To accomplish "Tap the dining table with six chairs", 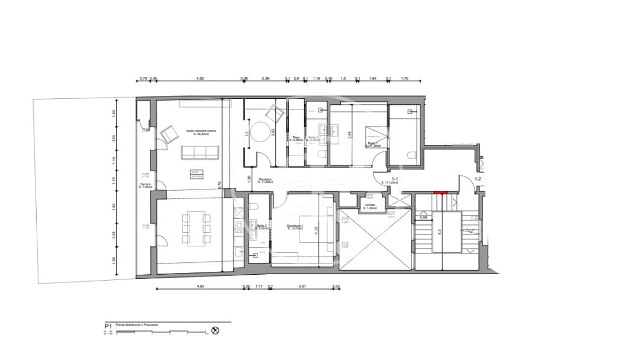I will (194, 228).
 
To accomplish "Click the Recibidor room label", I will (264, 180).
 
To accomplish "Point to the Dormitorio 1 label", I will (295, 226).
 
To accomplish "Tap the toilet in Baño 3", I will (253, 207).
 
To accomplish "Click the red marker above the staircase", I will (440, 192).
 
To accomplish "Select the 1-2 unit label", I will (477, 178).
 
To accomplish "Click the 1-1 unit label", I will (395, 178).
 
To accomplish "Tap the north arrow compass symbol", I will (215, 331).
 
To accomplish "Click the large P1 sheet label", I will (108, 326).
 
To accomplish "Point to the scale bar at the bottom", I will (160, 332).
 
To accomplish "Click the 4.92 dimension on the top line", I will (200, 78).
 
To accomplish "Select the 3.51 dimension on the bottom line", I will (302, 287).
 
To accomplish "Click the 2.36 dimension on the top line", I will (266, 78).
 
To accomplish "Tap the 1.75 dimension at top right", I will (405, 78).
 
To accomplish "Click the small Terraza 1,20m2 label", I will (371, 205).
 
